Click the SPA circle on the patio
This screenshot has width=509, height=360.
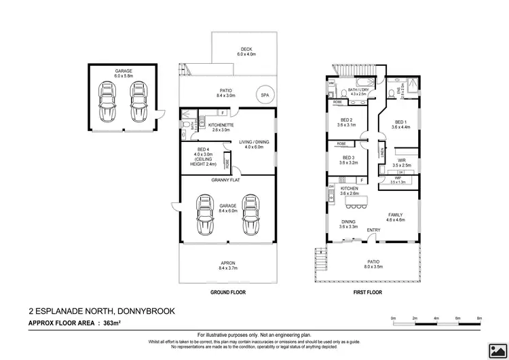pos(264,96)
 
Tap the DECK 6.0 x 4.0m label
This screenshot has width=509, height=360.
pos(244,52)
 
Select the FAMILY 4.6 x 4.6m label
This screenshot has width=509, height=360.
pos(395,217)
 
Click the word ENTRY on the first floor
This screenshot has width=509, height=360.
pos(373,230)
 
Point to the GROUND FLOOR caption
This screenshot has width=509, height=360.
pos(228,293)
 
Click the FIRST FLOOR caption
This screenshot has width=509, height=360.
pos(366,293)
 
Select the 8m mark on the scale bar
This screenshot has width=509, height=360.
pos(479,318)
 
